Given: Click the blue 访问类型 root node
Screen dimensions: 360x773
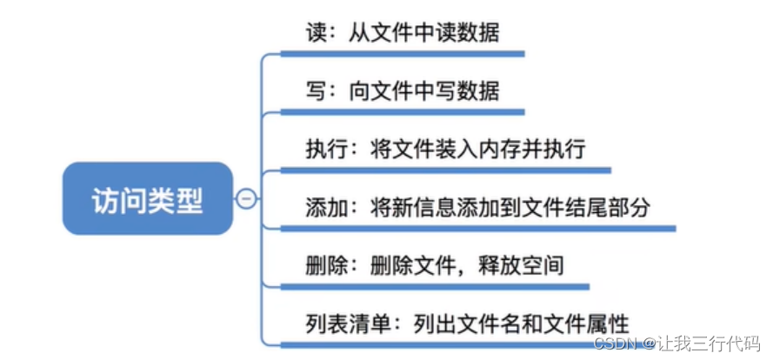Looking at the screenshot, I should click(148, 200).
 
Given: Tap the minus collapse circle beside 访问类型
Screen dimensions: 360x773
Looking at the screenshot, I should click(247, 200).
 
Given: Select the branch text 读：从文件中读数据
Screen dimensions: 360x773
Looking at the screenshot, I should click(402, 32).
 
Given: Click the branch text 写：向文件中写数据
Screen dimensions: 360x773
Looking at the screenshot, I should click(402, 90).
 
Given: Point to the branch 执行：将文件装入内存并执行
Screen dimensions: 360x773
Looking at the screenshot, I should click(445, 148).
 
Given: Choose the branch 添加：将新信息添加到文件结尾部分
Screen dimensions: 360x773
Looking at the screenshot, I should click(477, 207).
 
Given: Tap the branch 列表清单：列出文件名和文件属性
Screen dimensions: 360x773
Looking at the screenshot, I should click(467, 323).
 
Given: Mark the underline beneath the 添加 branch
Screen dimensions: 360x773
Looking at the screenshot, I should click(478, 229).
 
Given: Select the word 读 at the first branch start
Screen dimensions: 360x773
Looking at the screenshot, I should click(315, 32).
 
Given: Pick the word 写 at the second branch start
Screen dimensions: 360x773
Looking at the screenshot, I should click(315, 90).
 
